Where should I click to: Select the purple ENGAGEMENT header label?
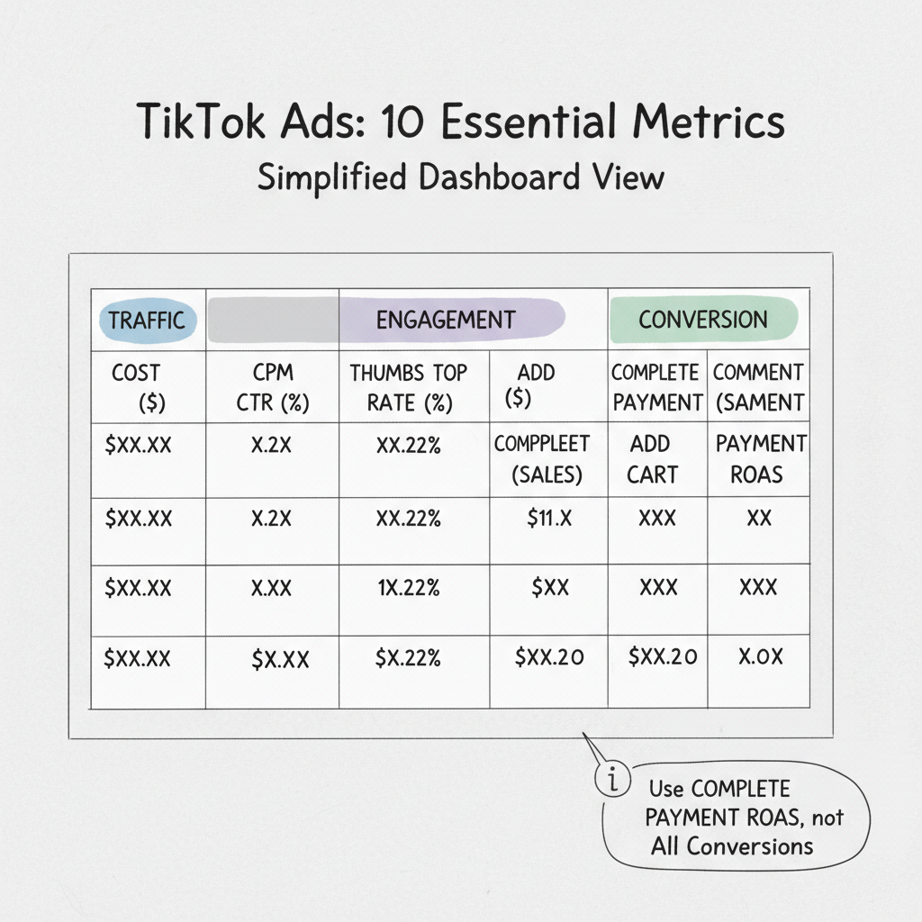(446, 320)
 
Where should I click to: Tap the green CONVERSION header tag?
(703, 320)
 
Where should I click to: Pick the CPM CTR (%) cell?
(272, 387)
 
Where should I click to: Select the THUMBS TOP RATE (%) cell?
(410, 387)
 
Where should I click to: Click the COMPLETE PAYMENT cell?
(656, 387)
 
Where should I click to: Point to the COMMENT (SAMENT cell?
(758, 387)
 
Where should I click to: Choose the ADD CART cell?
(651, 458)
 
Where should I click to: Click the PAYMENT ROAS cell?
(761, 458)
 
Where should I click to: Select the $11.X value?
(549, 519)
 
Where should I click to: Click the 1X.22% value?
(409, 588)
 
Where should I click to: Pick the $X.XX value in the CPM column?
(280, 659)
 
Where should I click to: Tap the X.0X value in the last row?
(761, 656)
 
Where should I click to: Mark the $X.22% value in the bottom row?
(408, 658)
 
